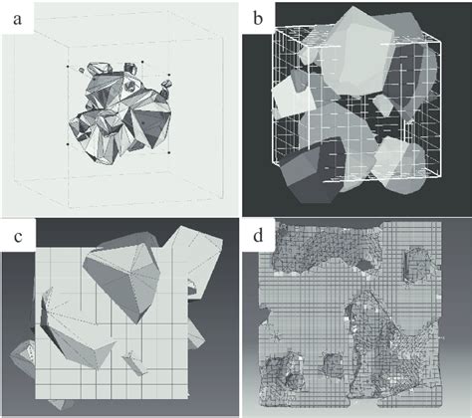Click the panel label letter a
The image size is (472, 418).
pyautogui.click(x=17, y=19)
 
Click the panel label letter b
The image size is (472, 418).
pyautogui.click(x=258, y=18)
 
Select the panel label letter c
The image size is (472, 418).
pyautogui.click(x=18, y=237)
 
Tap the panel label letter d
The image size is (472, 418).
pyautogui.click(x=258, y=235)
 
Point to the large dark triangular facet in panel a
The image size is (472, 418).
pyautogui.click(x=151, y=127)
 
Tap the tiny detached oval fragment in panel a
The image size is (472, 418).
pyautogui.click(x=82, y=71)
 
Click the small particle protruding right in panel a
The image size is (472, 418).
pyautogui.click(x=166, y=87)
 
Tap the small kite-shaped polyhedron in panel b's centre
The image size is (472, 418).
pyautogui.click(x=383, y=104)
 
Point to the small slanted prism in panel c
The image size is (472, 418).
pyautogui.click(x=135, y=364)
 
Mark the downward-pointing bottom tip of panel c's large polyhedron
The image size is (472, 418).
pyautogui.click(x=136, y=323)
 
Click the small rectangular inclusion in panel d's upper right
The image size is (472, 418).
pyautogui.click(x=415, y=266)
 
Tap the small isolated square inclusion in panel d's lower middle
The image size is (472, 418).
pyautogui.click(x=333, y=364)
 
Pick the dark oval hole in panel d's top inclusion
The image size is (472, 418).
pyautogui.click(x=364, y=265)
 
